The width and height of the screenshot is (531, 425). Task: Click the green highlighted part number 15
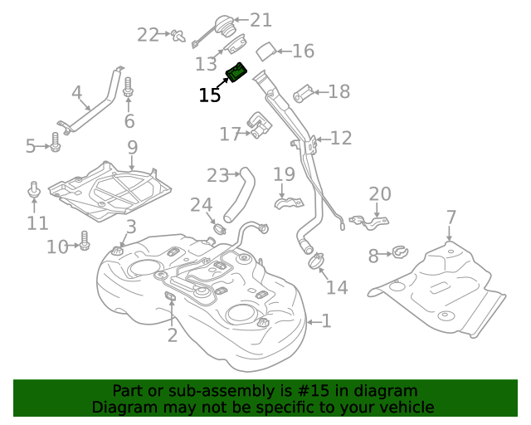pos(237,74)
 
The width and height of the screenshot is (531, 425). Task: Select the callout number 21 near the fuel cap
pos(261,20)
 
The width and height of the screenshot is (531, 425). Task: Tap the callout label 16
pos(303,51)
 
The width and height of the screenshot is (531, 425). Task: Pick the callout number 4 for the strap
pos(76,93)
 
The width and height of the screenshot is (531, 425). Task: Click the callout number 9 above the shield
pos(131,149)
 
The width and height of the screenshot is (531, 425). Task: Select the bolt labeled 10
pos(84,242)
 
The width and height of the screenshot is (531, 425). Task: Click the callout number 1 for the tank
pos(325,320)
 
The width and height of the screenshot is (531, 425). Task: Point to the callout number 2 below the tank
pos(172,335)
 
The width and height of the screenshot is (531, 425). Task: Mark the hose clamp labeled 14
pos(315,261)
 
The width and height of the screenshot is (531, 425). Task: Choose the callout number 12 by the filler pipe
pos(341,138)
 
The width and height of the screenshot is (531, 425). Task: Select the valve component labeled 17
pos(261,129)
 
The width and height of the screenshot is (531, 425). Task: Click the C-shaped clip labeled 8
pos(397,250)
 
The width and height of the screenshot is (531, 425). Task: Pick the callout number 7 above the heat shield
pos(451,217)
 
